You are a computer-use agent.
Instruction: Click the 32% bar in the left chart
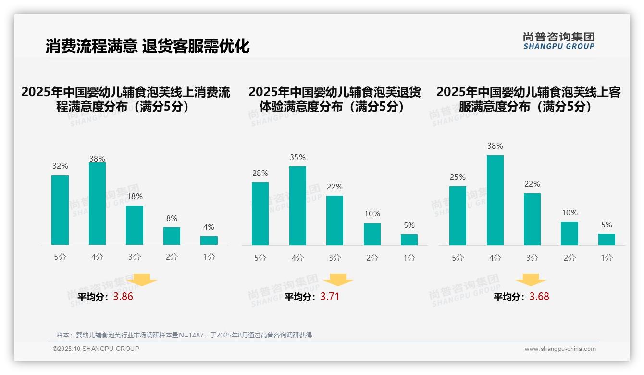point(60,210)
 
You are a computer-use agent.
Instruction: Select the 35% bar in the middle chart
point(297,206)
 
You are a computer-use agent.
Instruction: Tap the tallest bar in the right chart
point(495,200)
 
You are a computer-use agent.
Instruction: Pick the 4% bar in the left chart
point(209,240)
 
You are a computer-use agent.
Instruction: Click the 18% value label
point(135,196)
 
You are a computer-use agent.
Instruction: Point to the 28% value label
point(260,173)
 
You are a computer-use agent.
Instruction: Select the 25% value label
point(458,177)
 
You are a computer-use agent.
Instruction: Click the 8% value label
point(172,218)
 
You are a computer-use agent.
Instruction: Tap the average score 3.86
point(123,297)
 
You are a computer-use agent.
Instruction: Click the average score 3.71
point(330,297)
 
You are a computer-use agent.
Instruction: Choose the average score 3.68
point(539,297)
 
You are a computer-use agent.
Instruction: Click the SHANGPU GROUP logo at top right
point(559,41)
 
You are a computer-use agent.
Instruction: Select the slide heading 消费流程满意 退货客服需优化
point(148,46)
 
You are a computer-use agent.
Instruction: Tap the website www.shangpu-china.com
point(560,349)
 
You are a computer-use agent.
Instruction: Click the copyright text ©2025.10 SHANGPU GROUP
point(96,349)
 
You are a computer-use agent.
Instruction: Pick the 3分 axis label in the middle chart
point(334,258)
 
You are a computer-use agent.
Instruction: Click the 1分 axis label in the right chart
point(607,258)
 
